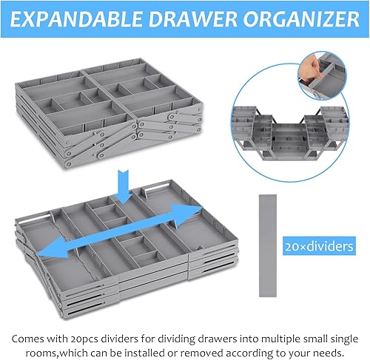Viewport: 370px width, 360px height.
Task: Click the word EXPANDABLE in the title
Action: [76, 19]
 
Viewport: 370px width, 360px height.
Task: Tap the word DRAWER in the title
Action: [192, 19]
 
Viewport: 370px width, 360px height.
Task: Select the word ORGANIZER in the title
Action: [301, 19]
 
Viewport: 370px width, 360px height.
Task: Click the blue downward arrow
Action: [124, 186]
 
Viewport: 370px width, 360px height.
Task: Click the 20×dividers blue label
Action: [319, 246]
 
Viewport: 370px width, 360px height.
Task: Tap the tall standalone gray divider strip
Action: [268, 245]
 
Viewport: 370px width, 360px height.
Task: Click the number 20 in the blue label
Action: [291, 246]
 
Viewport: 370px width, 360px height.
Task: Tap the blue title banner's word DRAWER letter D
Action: [157, 19]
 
